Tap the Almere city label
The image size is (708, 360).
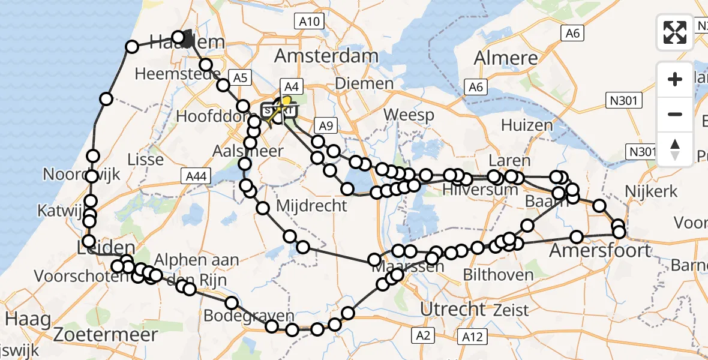point(506,58)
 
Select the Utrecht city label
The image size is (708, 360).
point(453,309)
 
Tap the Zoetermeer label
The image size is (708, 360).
point(106,334)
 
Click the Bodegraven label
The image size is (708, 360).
point(249,316)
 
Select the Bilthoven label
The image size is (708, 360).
point(499,275)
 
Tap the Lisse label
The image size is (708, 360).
point(146,160)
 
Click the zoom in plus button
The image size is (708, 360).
point(675,79)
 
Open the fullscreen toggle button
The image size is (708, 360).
point(675,32)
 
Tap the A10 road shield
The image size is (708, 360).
point(310,22)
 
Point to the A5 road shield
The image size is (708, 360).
point(240,77)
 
